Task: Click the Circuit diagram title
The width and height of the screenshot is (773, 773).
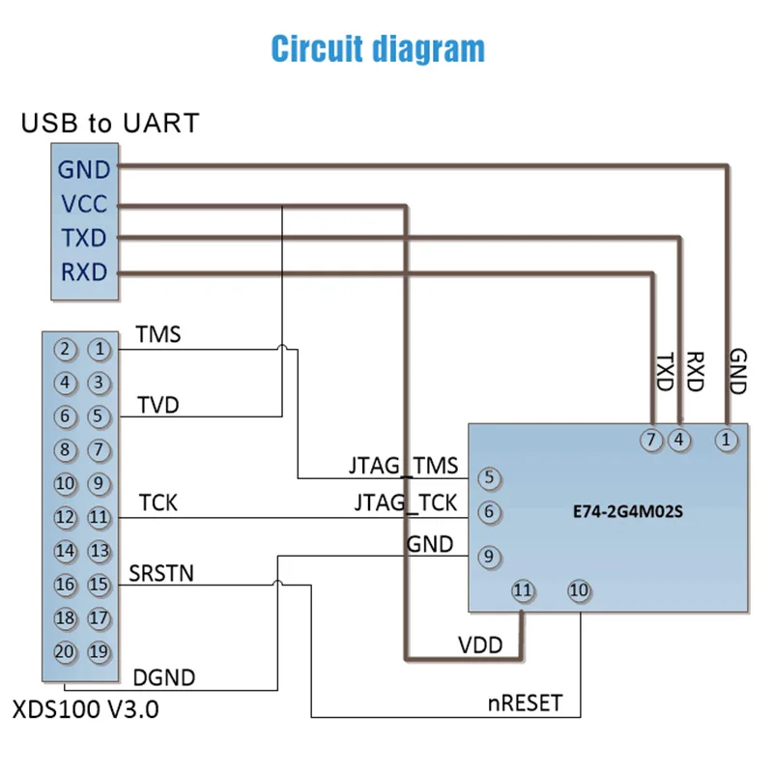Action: [x=378, y=48]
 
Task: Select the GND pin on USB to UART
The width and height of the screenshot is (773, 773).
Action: [x=84, y=170]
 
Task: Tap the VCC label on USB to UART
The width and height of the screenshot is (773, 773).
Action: [x=84, y=205]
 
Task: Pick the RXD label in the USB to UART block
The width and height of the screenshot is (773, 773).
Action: [x=84, y=272]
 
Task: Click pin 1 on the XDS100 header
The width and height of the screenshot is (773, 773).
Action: [x=99, y=349]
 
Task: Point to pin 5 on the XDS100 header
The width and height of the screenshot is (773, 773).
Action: [x=99, y=416]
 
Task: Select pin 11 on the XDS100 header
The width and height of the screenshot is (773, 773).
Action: [x=99, y=517]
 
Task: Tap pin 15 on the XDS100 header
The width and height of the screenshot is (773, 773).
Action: [x=99, y=584]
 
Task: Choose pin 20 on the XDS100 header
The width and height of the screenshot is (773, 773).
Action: [x=66, y=650]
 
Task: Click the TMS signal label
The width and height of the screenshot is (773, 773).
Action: [x=157, y=334]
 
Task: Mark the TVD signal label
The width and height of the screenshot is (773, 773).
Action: [x=157, y=403]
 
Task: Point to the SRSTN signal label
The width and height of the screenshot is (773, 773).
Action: [x=161, y=573]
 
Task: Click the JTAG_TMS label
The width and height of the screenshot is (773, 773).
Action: [x=403, y=466]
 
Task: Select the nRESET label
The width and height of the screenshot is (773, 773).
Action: [x=524, y=702]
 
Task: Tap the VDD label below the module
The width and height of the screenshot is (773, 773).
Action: [x=480, y=644]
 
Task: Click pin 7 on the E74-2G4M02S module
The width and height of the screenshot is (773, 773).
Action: [x=652, y=439]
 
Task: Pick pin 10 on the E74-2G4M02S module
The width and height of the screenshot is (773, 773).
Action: [x=579, y=589]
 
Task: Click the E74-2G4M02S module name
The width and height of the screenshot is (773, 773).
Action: [x=621, y=513]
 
